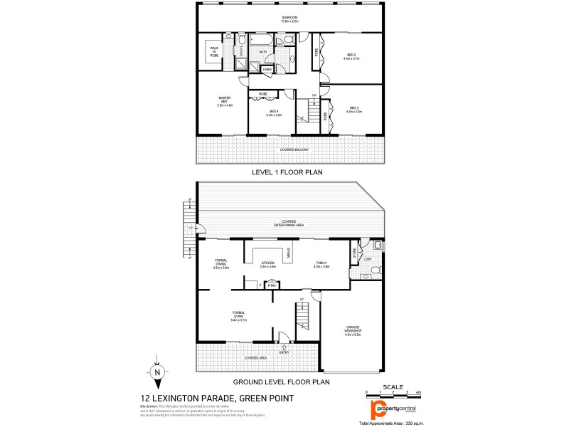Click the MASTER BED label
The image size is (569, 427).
click(224, 102)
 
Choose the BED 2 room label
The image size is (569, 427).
click(351, 56)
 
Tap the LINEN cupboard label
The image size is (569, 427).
click(267, 70)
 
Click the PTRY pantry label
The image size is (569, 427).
click(271, 285)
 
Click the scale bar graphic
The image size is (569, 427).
click(393, 393)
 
